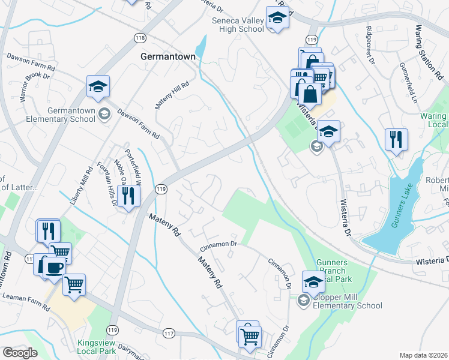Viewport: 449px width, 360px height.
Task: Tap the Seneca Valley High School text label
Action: click(238, 25)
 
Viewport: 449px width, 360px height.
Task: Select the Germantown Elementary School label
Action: click(61, 115)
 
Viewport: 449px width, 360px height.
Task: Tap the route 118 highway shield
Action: click(140, 37)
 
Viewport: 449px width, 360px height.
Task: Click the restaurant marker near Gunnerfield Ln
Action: click(396, 139)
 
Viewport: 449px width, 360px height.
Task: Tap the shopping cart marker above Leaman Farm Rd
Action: click(74, 284)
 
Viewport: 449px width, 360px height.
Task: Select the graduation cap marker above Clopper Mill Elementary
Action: click(313, 281)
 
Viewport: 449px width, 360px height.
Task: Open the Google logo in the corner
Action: click(20, 353)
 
